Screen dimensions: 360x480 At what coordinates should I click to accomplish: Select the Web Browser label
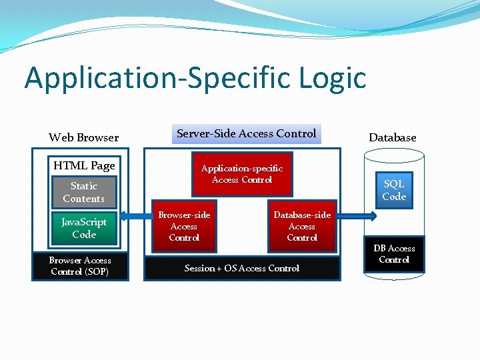tap(83, 137)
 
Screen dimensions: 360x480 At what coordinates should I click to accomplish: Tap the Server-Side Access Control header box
tap(246, 134)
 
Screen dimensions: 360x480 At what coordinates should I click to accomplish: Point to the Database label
tap(392, 137)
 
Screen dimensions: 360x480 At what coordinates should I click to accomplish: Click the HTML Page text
tap(84, 165)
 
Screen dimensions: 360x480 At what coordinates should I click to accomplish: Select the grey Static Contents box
tap(84, 192)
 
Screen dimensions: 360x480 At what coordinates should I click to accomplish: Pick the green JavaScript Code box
tap(84, 228)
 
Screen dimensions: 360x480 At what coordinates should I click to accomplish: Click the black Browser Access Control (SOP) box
tap(80, 266)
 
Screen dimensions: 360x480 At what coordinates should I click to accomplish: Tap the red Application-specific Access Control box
tap(241, 175)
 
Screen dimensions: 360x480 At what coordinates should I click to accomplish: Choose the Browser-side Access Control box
tap(184, 226)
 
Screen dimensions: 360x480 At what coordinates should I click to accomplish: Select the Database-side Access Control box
tap(302, 226)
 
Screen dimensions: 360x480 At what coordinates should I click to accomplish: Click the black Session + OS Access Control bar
tap(241, 268)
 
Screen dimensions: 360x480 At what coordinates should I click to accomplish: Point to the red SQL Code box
tap(393, 190)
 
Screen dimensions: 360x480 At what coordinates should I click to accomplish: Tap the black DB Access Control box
tap(393, 254)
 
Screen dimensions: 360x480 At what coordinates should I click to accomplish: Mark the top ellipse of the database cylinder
tap(393, 155)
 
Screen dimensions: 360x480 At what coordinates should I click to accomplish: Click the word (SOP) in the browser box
tap(97, 272)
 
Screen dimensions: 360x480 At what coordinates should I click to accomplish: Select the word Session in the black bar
tap(199, 268)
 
